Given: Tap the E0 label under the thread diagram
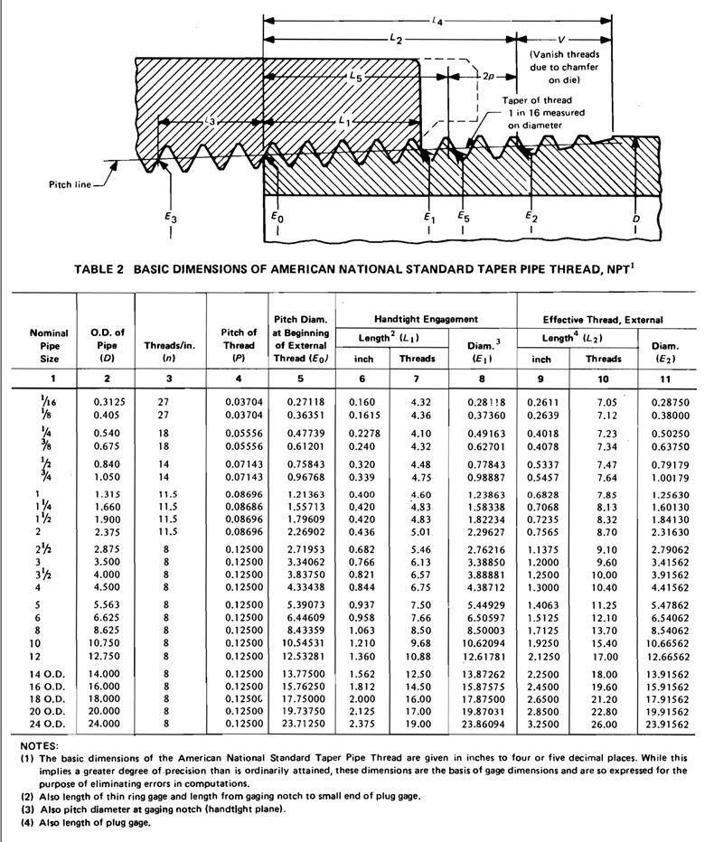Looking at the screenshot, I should click(277, 218).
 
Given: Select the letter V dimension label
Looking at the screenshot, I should click(563, 40).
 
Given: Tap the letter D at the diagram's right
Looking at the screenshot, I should click(637, 218).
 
